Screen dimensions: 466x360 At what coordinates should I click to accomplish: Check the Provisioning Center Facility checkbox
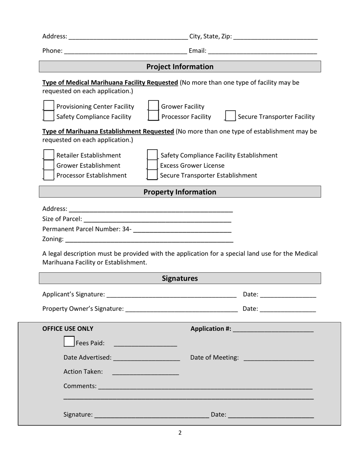pos(49,106)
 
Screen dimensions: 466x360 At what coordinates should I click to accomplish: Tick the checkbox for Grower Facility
pos(153,106)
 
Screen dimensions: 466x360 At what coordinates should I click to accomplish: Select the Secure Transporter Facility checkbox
pos(230,116)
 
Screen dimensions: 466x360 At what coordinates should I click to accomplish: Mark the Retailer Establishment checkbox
pos(49,155)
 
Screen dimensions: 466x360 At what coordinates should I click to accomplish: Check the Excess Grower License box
pos(152,165)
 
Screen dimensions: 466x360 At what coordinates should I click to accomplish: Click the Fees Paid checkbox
pos(69,342)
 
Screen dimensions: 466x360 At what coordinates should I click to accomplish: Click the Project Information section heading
pos(180,67)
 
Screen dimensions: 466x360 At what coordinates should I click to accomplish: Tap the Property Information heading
pos(180,192)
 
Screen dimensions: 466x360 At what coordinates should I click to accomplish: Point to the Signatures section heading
pos(180,278)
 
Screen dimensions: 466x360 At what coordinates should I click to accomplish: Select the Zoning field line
pos(149,239)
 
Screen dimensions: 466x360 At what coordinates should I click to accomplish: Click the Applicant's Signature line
pos(171,294)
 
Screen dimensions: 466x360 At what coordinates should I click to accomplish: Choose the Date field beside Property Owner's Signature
pos(288,309)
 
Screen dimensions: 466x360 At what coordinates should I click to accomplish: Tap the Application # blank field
pos(273,329)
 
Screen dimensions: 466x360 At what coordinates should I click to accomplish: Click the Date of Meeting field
pos(279,358)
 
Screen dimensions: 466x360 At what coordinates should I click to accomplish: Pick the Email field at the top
pos(262,51)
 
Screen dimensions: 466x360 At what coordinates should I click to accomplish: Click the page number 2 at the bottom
pos(180,433)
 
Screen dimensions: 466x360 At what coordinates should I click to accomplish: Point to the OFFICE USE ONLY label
pos(68,328)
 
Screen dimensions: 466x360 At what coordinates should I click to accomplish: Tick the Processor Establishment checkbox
pos(49,175)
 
